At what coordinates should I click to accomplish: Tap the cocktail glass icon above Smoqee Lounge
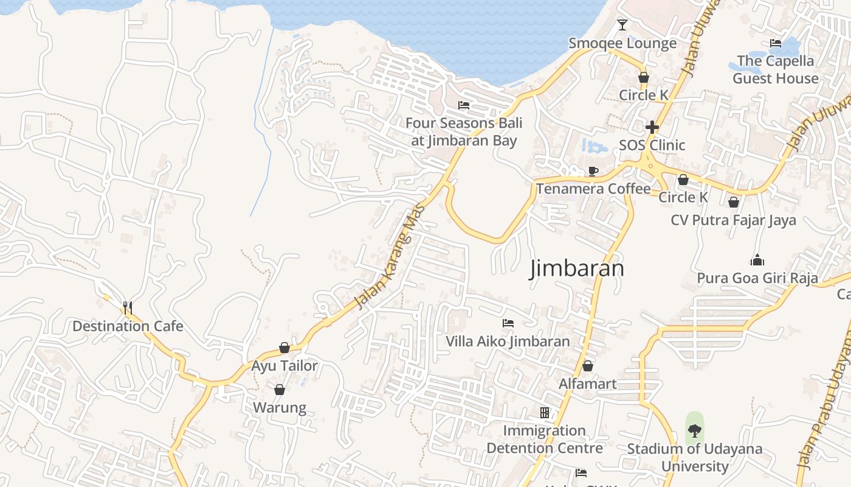(x=622, y=25)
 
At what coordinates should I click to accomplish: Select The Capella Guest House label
(x=775, y=69)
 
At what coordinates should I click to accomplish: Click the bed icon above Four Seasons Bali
(x=464, y=105)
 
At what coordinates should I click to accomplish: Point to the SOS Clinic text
(x=652, y=145)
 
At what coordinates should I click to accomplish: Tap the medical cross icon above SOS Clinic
(x=652, y=127)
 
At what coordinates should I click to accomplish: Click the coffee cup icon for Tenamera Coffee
(x=593, y=171)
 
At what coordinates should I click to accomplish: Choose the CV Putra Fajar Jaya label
(x=733, y=220)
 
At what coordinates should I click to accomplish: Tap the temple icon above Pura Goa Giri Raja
(x=757, y=261)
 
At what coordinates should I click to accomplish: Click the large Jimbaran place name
(x=577, y=268)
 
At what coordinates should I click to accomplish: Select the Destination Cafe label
(x=128, y=326)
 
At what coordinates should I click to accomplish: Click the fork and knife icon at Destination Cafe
(x=128, y=308)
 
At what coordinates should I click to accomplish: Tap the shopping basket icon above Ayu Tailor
(x=284, y=348)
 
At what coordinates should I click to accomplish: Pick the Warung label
(x=280, y=407)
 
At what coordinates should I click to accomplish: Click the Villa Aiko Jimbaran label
(x=508, y=341)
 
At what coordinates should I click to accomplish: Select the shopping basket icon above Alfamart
(x=588, y=366)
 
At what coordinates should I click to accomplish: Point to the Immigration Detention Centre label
(x=545, y=440)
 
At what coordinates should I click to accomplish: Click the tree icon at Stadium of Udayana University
(x=694, y=431)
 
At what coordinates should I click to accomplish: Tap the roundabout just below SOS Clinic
(x=650, y=165)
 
